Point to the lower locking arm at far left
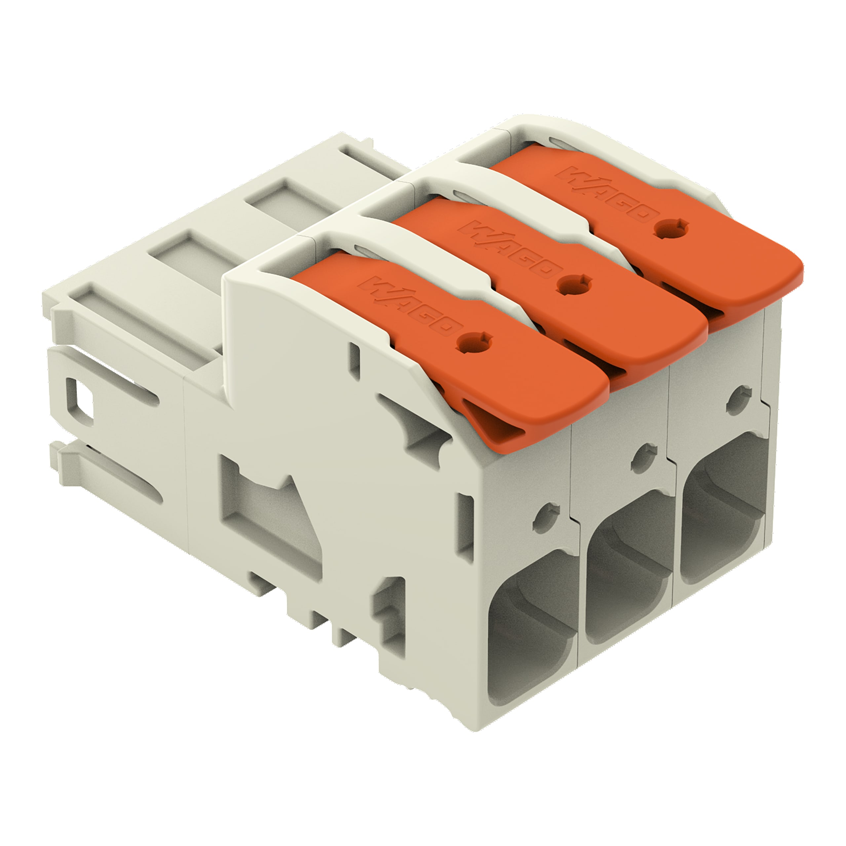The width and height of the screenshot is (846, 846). [x=109, y=477]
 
